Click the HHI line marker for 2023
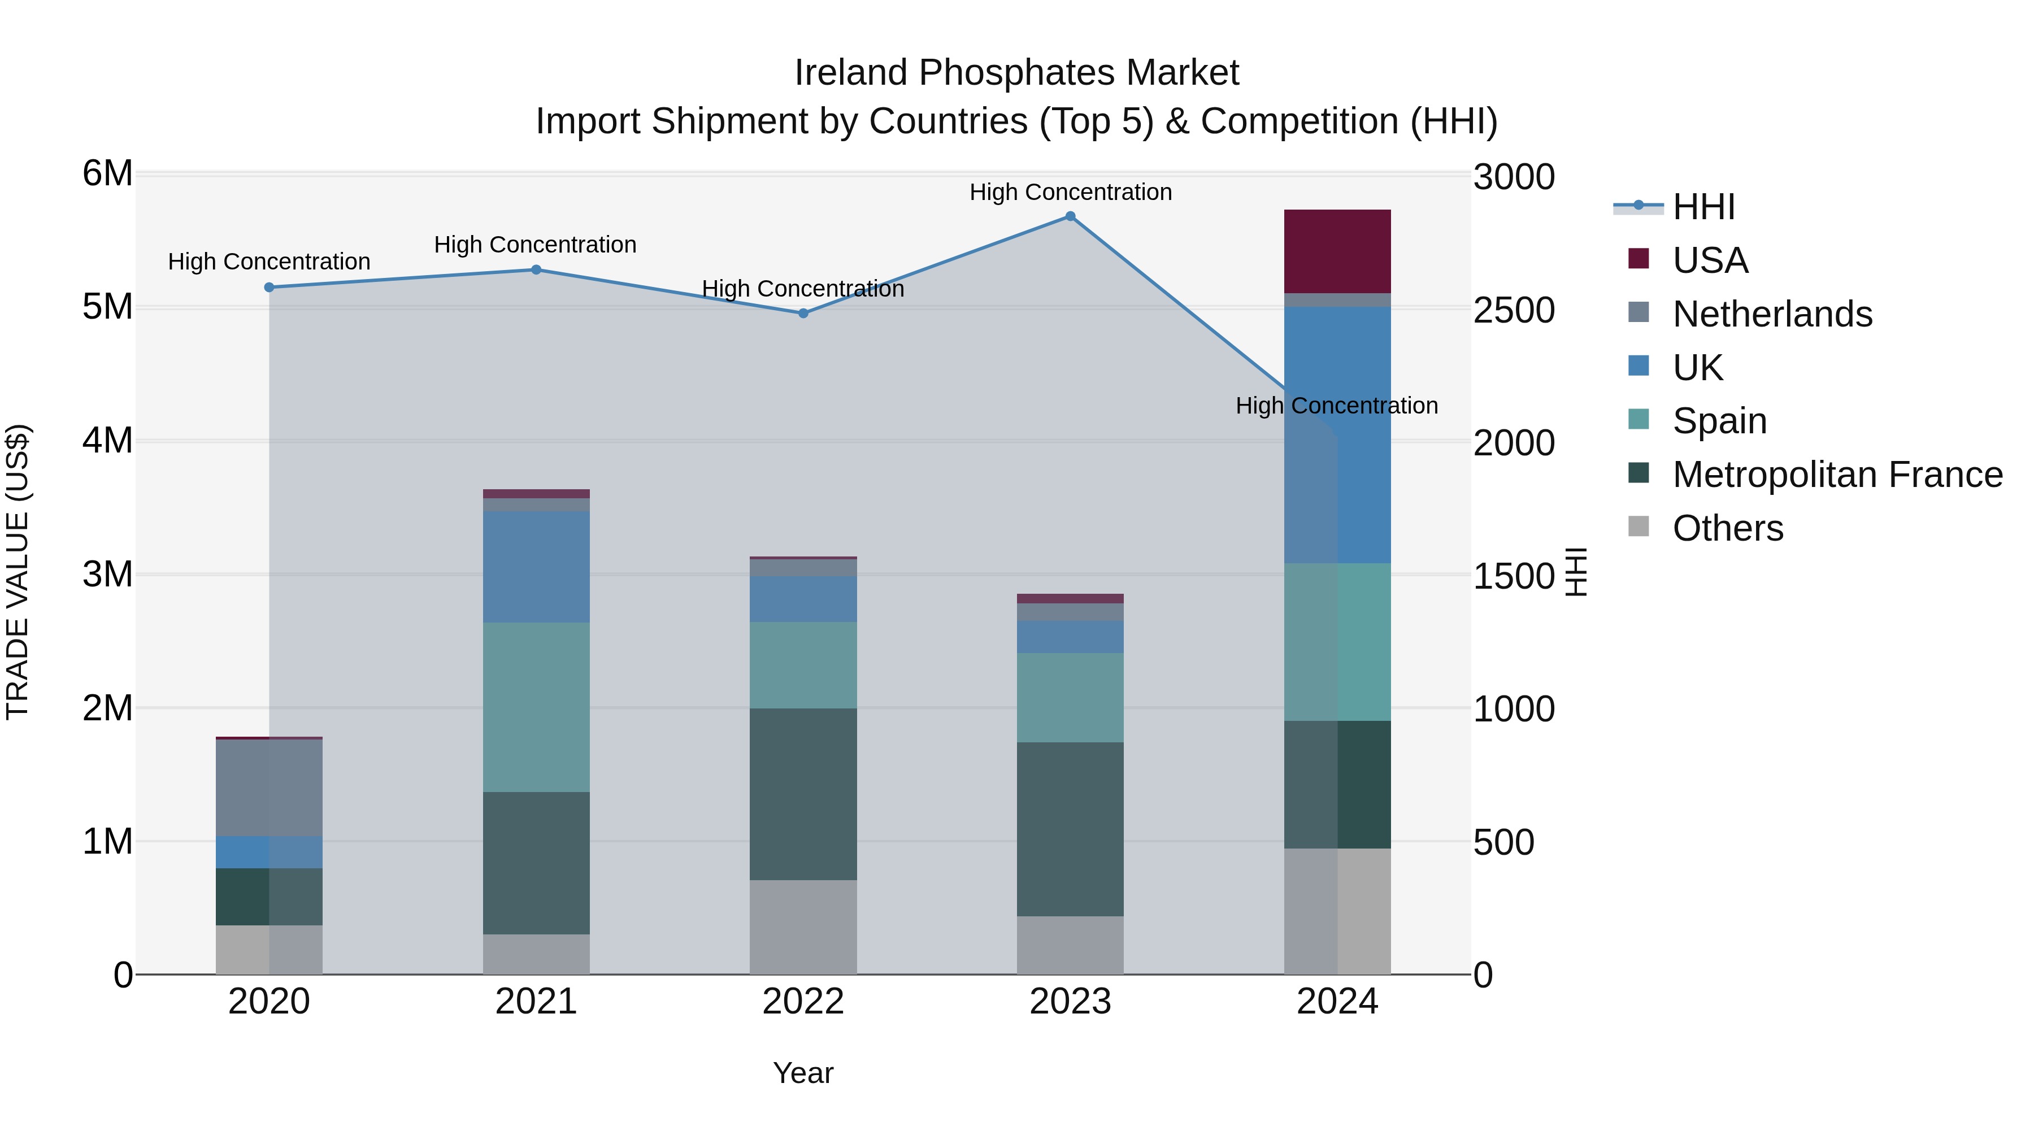click(x=1070, y=216)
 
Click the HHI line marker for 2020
click(x=270, y=288)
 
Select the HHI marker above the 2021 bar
click(x=536, y=270)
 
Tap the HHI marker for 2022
click(x=803, y=314)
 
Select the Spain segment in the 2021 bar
click(x=536, y=707)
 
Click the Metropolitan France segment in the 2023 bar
click(x=1070, y=829)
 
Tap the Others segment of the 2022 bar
click(x=803, y=927)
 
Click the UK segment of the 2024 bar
click(x=1337, y=434)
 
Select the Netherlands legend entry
click(x=1772, y=314)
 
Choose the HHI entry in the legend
click(x=1703, y=207)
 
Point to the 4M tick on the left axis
click(x=107, y=441)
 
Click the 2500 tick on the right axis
click(x=1514, y=310)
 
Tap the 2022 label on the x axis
click(x=803, y=1002)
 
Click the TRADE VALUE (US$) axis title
click(x=18, y=572)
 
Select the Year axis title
click(x=803, y=1073)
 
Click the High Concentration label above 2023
click(x=1070, y=193)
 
